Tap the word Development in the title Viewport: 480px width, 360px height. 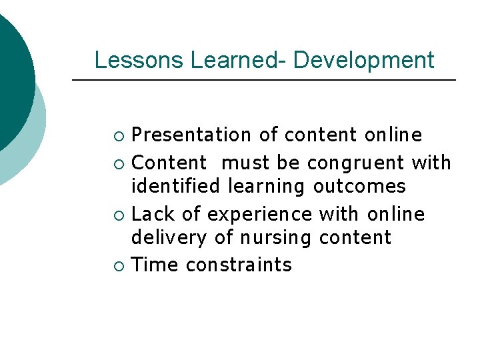(x=363, y=60)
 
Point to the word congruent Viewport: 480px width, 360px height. (x=355, y=163)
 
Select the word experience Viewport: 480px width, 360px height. (x=259, y=214)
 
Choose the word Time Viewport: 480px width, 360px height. (x=155, y=265)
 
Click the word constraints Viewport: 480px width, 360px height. (x=239, y=265)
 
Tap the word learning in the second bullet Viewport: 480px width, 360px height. (x=268, y=186)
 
